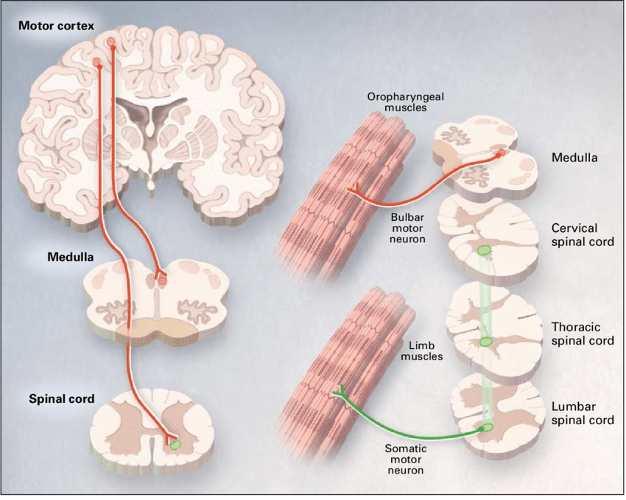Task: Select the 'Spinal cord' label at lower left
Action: (x=62, y=399)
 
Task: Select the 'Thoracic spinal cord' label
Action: (x=582, y=334)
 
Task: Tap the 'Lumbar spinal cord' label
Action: (x=581, y=414)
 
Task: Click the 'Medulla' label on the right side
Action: (x=572, y=157)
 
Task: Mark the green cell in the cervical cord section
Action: (x=484, y=250)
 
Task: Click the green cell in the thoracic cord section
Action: (x=485, y=341)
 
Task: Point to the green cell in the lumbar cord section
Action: (x=485, y=426)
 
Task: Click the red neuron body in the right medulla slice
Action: (x=501, y=153)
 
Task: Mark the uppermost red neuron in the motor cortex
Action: (x=110, y=42)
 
